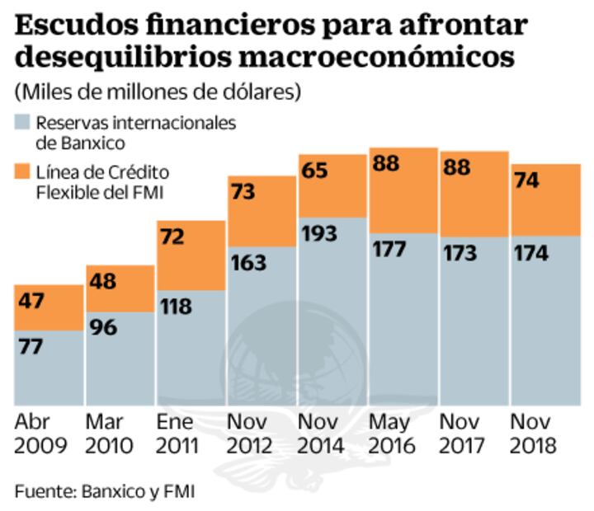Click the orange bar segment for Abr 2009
pos(48,307)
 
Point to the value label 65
pos(315,171)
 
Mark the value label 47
pos(32,300)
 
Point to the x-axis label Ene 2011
pos(177,434)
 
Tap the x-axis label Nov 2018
pos(534,434)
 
